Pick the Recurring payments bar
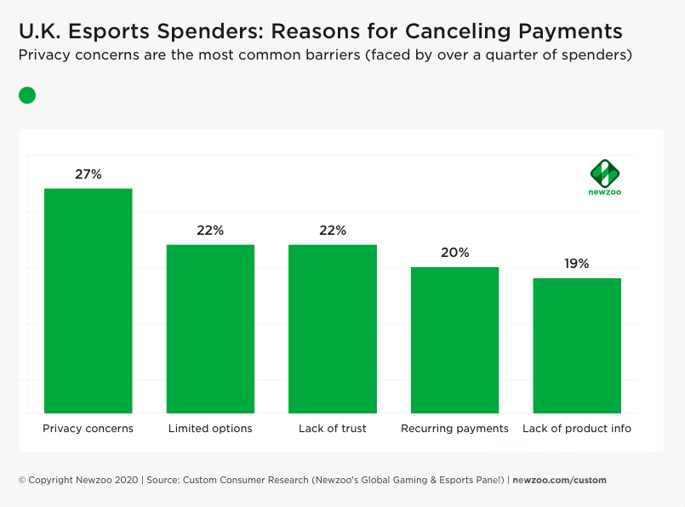coord(454,339)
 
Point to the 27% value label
coord(88,174)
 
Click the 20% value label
coord(455,253)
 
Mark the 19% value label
coord(577,264)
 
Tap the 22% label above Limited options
coord(210,230)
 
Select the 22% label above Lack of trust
coord(333,230)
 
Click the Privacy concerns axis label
coord(88,429)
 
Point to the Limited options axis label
coord(210,429)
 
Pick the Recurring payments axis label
coord(454,429)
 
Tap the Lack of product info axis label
coord(577,429)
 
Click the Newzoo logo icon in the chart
coord(605,173)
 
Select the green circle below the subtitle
coord(27,95)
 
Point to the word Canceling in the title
coord(452,31)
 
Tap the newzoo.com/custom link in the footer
coord(559,480)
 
